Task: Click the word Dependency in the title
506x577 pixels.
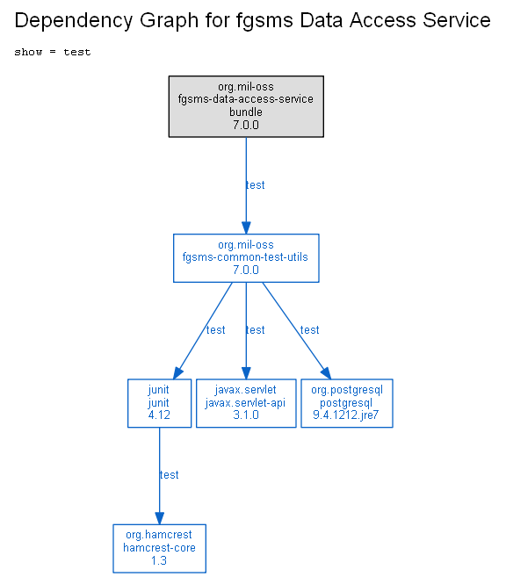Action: pos(73,20)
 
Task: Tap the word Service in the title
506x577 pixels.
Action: pos(456,20)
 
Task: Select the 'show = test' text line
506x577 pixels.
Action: pos(52,52)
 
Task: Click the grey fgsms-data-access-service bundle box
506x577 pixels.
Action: pos(246,107)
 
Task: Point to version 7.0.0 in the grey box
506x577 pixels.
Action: pos(246,125)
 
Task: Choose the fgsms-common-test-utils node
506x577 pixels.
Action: pos(246,258)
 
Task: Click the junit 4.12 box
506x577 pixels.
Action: pos(159,403)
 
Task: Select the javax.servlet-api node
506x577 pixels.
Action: pos(246,403)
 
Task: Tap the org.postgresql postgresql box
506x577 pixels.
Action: pos(347,403)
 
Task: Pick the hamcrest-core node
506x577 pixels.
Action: pos(159,548)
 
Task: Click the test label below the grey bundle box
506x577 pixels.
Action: pos(255,184)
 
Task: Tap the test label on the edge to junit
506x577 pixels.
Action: pos(215,329)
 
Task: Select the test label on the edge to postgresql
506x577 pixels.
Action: pos(309,329)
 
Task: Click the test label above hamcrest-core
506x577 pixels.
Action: pos(169,475)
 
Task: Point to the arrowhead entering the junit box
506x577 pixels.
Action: pos(178,372)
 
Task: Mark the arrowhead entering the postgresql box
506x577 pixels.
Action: pos(326,372)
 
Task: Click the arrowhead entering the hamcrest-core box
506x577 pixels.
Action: pos(159,518)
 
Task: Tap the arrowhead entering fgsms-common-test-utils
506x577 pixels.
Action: pos(246,227)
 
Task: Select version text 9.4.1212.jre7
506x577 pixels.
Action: pos(345,415)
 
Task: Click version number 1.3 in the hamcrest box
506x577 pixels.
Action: pos(159,560)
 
